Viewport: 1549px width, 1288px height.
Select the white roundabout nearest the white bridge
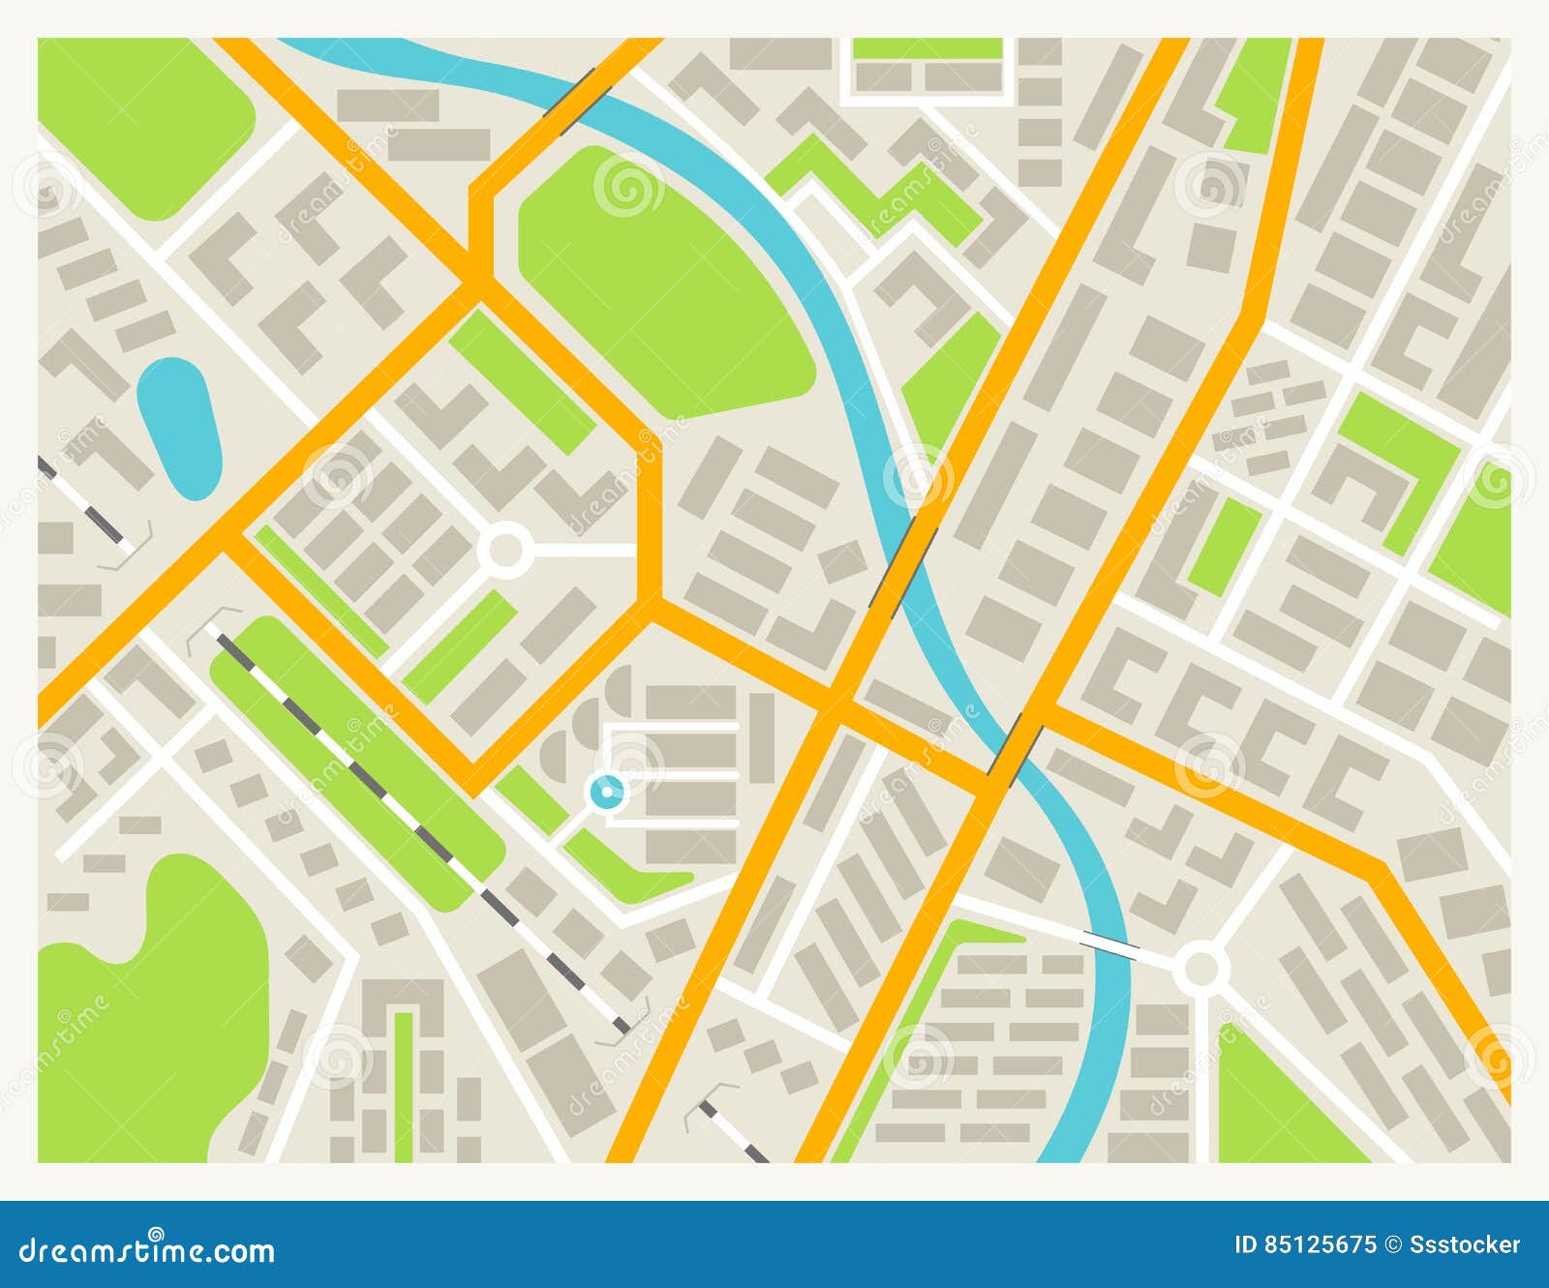point(1200,968)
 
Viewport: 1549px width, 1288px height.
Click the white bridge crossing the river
point(1111,944)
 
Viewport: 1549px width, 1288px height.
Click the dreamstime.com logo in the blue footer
point(147,1250)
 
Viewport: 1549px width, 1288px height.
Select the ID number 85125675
point(1321,1244)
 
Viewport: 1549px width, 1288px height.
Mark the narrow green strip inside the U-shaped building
point(404,1084)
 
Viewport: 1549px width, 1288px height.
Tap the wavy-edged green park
point(145,1016)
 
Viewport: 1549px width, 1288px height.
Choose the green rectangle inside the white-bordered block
point(926,48)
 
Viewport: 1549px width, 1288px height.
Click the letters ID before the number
point(1247,1244)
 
